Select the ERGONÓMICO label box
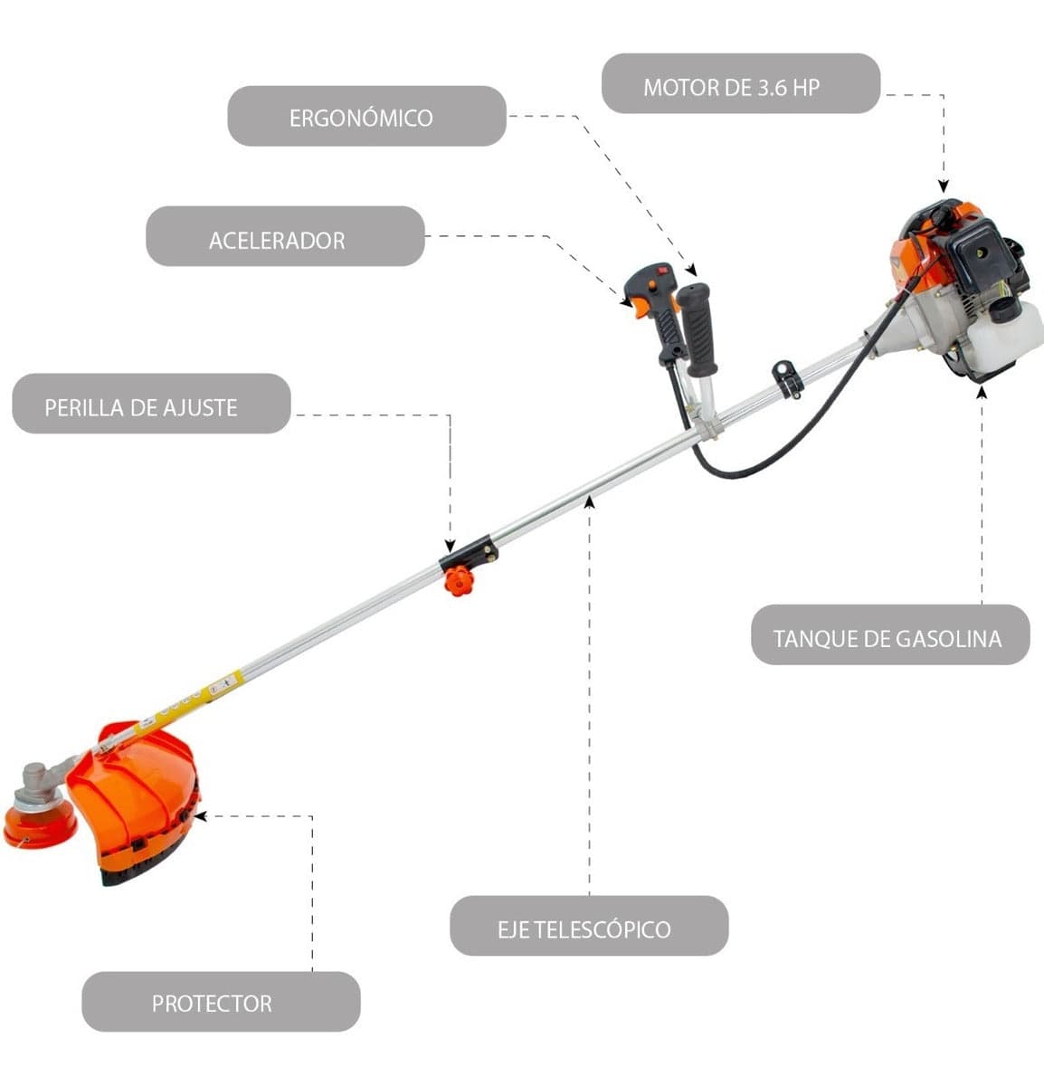point(366,116)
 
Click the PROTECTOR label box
point(221,1001)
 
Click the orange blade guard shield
point(136,796)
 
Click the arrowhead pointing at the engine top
point(944,187)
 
